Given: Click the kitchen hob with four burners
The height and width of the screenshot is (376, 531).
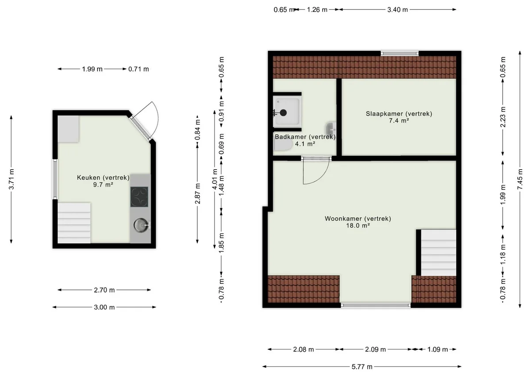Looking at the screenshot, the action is pyautogui.click(x=139, y=197).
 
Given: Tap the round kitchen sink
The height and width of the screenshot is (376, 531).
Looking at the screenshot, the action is pyautogui.click(x=142, y=225).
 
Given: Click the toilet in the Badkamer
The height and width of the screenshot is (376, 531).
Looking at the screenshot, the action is pyautogui.click(x=283, y=145).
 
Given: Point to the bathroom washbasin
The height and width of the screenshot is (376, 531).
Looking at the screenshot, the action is pyautogui.click(x=331, y=128).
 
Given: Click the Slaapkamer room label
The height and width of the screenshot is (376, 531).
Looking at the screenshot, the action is pyautogui.click(x=399, y=114).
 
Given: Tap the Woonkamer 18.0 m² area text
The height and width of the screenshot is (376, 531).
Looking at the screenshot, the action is pyautogui.click(x=358, y=225).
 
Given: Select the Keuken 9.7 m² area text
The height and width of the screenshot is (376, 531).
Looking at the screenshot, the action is pyautogui.click(x=103, y=185).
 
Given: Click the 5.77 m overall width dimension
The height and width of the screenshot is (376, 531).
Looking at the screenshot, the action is pyautogui.click(x=362, y=367).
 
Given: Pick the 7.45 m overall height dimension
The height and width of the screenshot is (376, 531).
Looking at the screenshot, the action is pyautogui.click(x=520, y=179).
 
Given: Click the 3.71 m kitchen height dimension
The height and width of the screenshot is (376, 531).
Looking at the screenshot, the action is pyautogui.click(x=11, y=179).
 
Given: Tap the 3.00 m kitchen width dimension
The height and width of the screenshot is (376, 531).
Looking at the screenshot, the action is pyautogui.click(x=104, y=307).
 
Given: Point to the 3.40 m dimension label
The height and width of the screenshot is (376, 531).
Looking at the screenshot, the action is pyautogui.click(x=397, y=10).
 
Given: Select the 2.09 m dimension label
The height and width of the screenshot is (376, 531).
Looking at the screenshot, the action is pyautogui.click(x=376, y=349).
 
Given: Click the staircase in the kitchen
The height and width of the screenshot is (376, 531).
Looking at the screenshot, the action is pyautogui.click(x=74, y=223).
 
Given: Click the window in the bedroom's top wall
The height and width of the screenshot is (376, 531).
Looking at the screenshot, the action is pyautogui.click(x=400, y=54).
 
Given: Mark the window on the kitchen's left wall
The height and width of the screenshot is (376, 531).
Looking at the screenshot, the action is pyautogui.click(x=55, y=179).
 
